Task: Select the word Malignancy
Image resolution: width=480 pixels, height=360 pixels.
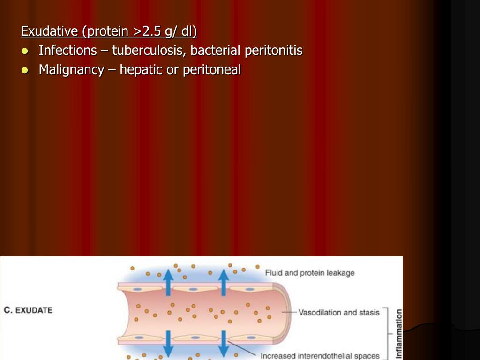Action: pos(71,70)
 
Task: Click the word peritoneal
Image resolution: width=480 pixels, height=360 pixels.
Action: pos(212,70)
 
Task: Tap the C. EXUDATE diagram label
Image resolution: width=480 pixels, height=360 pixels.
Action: pos(28,310)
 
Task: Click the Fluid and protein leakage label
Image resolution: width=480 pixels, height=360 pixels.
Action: pos(310,273)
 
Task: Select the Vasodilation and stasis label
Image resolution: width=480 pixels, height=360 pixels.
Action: pos(339,312)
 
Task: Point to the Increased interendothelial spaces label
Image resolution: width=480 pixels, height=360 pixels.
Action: pos(320,356)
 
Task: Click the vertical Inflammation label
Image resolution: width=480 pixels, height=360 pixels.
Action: pos(399,333)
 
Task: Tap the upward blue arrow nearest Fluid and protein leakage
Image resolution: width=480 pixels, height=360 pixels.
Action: pos(224,281)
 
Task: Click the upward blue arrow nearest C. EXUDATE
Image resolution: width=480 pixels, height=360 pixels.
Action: pos(167,281)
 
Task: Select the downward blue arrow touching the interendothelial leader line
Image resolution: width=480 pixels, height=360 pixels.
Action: pos(224,345)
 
